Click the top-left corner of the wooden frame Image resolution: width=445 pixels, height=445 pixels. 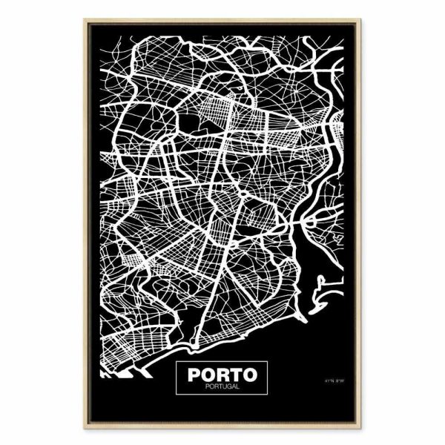(74, 15)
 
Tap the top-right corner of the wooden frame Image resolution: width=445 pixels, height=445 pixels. (371, 15)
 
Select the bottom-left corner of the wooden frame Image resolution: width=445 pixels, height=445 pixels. (74, 430)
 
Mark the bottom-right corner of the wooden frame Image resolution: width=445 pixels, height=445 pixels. (371, 430)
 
